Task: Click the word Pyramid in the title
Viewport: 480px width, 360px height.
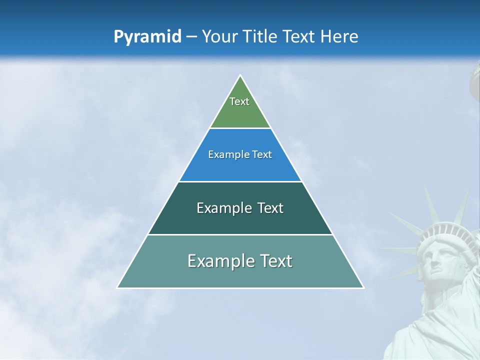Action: (147, 37)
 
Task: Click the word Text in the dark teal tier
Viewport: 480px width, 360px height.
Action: (270, 208)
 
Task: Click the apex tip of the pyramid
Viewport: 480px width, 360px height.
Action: (240, 76)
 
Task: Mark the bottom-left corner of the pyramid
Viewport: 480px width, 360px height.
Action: (117, 287)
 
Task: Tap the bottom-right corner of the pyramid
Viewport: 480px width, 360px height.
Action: (363, 287)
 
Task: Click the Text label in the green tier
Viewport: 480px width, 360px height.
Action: (239, 101)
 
